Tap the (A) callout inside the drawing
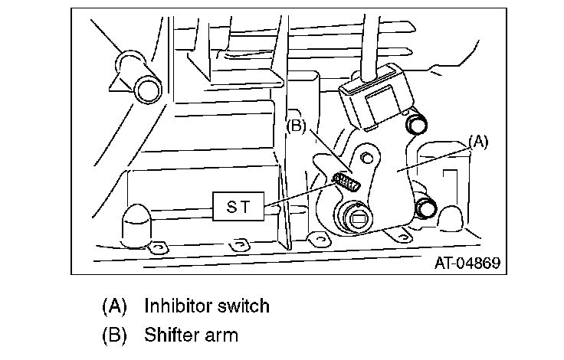(477, 141)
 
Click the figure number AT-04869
(467, 263)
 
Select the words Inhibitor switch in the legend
(207, 306)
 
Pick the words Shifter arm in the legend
(191, 335)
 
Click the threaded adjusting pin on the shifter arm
(347, 183)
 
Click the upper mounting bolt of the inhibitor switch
(418, 123)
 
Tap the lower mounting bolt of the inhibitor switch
(425, 207)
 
